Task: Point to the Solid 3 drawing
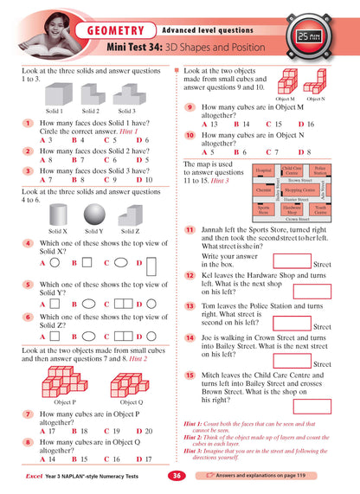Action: point(126,93)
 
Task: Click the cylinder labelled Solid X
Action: point(59,214)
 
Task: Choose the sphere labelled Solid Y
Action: point(94,214)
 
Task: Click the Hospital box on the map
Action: point(264,171)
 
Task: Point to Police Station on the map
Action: point(319,171)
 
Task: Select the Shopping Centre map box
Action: point(299,189)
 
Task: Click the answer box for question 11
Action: point(291,259)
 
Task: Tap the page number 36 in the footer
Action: point(176,475)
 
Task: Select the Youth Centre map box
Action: point(320,209)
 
